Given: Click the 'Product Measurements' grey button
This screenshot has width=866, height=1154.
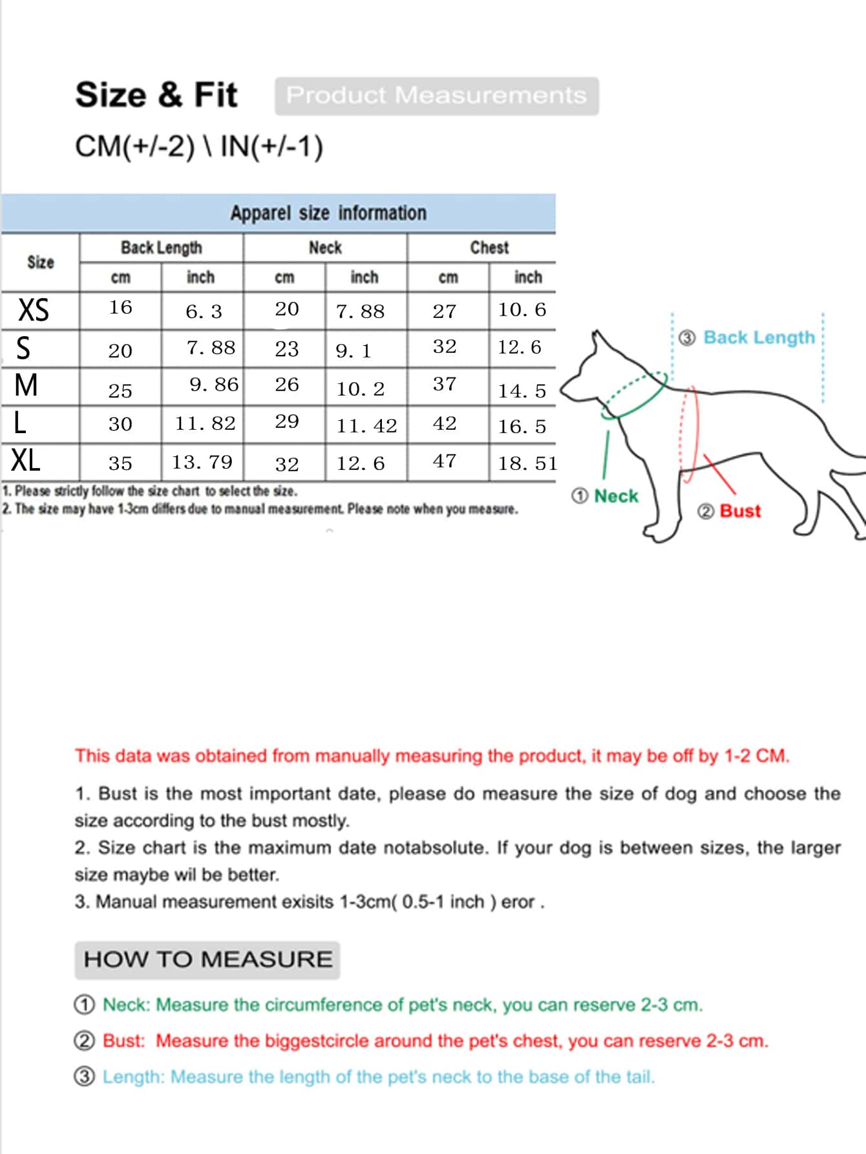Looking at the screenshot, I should tap(436, 96).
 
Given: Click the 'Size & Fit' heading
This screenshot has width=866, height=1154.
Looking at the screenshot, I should tap(156, 95).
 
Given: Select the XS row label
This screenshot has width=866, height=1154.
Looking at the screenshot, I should tap(34, 310).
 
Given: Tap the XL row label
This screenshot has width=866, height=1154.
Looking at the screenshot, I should tap(26, 461).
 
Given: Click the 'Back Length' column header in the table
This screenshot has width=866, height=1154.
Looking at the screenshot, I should tap(161, 248).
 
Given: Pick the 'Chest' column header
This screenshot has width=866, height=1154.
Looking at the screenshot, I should tap(489, 248).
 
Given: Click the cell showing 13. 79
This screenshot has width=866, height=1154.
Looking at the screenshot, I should tap(202, 462).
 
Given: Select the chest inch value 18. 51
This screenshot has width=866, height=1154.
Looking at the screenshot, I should tap(527, 464).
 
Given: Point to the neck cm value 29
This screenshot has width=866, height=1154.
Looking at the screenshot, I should tap(287, 422).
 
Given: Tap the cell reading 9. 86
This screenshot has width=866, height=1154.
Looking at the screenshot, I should tap(214, 385).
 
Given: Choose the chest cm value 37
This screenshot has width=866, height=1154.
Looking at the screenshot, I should tap(445, 384).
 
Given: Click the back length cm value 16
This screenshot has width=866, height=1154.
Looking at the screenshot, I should tap(120, 307).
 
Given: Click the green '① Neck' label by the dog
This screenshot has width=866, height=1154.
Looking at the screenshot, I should tap(605, 496).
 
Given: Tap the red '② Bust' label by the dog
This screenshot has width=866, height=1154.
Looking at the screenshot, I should tap(730, 511).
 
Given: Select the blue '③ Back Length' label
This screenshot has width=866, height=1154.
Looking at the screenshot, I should tap(748, 337).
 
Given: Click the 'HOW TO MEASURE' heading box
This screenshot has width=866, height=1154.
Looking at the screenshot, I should tap(207, 959).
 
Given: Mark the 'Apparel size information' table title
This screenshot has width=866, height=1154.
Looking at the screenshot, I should tap(328, 213).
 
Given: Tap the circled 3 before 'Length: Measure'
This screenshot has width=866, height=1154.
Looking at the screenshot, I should tap(85, 1076).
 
